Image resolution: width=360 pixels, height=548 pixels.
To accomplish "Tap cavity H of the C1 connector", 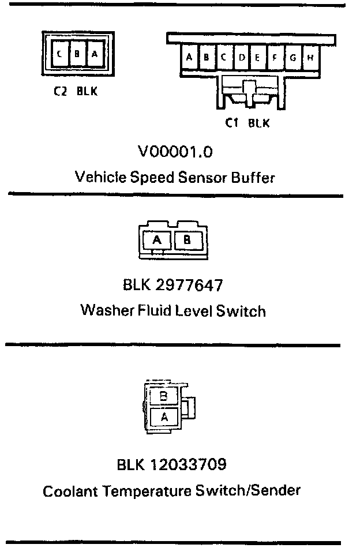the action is (310, 57).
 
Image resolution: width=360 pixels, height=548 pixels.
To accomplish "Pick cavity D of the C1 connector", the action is (242, 57).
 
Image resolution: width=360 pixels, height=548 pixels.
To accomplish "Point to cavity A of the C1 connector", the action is (189, 57).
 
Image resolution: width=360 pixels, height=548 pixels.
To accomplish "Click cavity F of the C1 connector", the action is (275, 57).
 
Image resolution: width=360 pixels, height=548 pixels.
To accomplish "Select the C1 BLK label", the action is (247, 123).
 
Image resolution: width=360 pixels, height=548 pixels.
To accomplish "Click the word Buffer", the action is (252, 177).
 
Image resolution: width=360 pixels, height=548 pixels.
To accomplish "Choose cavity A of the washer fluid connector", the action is (157, 240).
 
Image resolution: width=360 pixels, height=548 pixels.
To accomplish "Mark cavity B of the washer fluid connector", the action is (186, 240).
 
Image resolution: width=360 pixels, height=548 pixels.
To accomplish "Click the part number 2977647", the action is (190, 285).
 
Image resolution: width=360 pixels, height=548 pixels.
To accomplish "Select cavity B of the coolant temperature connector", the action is (163, 397).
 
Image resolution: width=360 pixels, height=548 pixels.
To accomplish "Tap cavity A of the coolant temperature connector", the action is (164, 415).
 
